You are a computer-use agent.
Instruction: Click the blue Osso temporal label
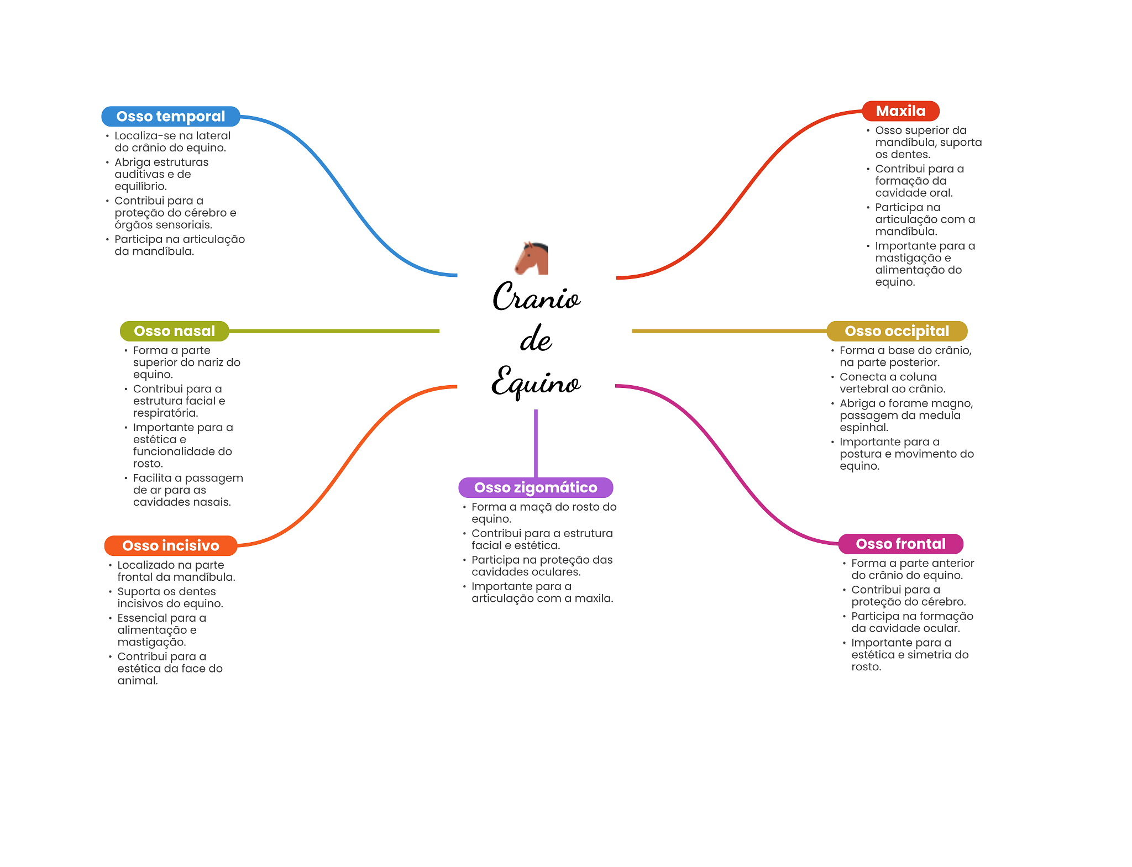click(171, 117)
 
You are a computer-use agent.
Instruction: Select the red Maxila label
click(901, 111)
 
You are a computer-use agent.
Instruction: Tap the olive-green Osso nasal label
click(175, 331)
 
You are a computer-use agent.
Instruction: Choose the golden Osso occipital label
click(897, 331)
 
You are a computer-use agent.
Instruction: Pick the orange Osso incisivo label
click(171, 545)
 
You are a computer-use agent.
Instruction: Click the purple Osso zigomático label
click(536, 487)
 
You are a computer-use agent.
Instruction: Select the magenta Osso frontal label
click(901, 544)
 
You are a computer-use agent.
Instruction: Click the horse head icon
click(532, 258)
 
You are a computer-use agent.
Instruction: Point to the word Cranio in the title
click(537, 296)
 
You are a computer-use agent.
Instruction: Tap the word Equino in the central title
click(536, 382)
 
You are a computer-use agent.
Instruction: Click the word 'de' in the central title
click(536, 339)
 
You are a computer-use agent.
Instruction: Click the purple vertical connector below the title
click(536, 443)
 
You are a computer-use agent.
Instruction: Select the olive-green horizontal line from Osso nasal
click(334, 331)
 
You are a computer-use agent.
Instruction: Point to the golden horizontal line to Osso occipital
click(730, 331)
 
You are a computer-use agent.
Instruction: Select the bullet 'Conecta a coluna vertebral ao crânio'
click(892, 383)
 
